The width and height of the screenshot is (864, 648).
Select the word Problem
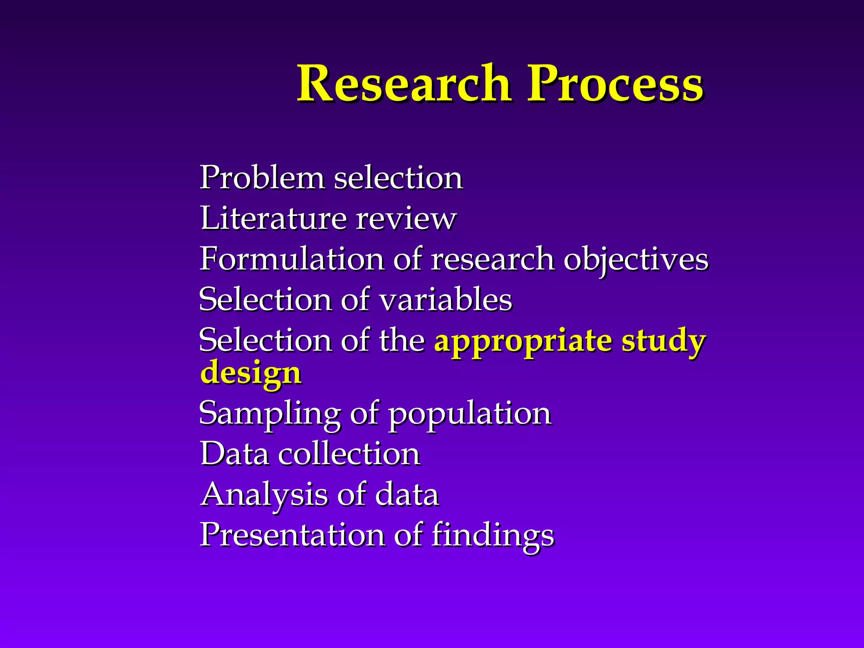click(262, 178)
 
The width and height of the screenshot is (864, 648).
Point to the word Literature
click(273, 219)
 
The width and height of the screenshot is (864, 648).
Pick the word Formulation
click(291, 259)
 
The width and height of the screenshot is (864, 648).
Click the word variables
click(445, 300)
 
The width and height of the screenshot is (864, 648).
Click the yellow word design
click(251, 373)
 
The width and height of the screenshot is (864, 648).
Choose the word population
click(470, 413)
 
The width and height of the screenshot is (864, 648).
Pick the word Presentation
click(292, 535)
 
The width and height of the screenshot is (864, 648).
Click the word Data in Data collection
click(235, 454)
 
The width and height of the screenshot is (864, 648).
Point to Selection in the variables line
click(265, 300)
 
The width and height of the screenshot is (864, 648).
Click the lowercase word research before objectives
click(492, 259)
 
